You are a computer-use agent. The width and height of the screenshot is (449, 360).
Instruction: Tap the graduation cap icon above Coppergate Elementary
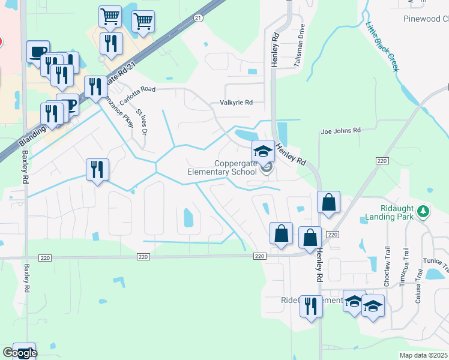coord(263,151)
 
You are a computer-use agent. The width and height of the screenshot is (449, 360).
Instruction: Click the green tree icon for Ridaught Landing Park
coord(423,211)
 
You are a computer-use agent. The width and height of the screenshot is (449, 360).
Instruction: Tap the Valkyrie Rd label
coord(236,103)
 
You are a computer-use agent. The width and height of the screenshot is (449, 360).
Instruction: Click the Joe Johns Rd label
coord(340,130)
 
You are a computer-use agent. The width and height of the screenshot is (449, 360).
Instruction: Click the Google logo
coord(19,353)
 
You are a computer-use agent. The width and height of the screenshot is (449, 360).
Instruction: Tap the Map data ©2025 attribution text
coord(423,355)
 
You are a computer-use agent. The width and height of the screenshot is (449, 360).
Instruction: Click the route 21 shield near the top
coord(197,19)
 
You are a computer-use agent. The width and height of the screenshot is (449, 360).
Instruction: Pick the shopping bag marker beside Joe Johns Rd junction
coord(328,203)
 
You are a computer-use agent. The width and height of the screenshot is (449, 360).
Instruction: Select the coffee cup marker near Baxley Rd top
coord(38,52)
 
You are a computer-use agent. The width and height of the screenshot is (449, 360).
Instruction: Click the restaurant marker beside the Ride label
coord(311,306)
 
